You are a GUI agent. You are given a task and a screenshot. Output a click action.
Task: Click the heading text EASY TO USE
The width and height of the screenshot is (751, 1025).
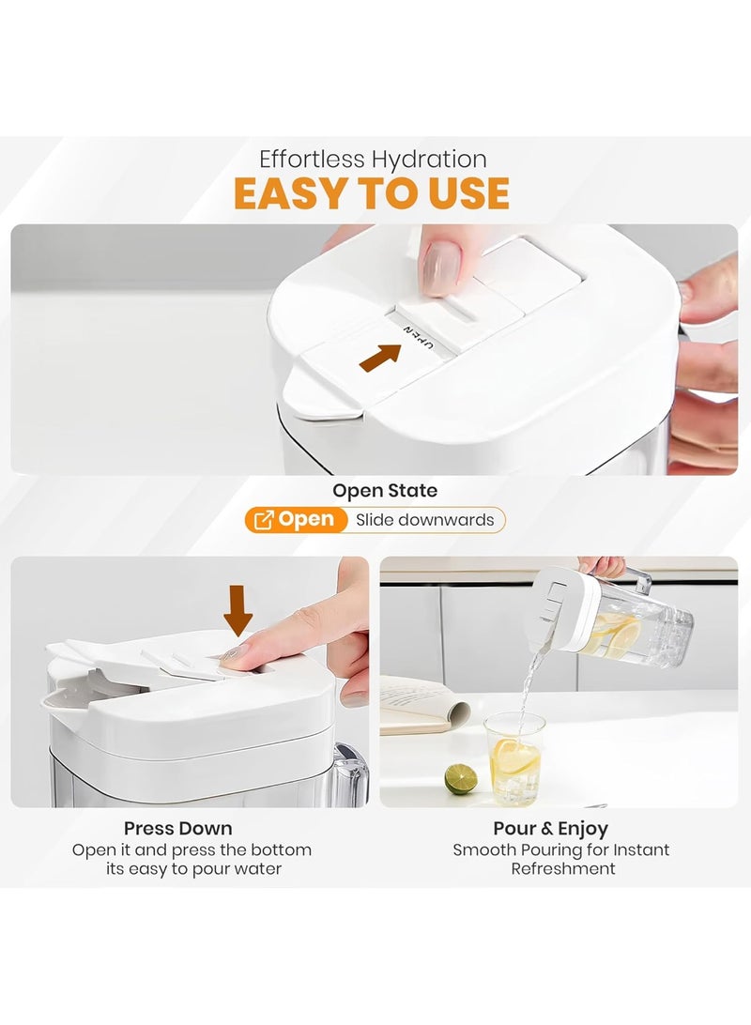(372, 193)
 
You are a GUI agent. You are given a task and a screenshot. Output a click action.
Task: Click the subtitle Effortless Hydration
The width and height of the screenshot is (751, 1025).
(373, 159)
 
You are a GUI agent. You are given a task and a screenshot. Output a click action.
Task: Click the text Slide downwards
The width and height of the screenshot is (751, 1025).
(425, 520)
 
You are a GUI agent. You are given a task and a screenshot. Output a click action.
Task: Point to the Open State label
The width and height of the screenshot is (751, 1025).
(385, 490)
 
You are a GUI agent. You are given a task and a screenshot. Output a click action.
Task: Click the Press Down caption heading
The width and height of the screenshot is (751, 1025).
(177, 828)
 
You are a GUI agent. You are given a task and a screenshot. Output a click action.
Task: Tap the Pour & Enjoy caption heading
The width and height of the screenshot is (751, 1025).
(550, 828)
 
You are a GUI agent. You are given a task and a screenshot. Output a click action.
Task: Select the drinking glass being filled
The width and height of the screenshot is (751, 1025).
(513, 759)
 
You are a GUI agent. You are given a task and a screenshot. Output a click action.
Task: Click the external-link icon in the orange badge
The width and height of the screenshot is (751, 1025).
(263, 520)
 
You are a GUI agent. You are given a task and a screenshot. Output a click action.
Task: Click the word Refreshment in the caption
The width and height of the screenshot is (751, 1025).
(562, 869)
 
